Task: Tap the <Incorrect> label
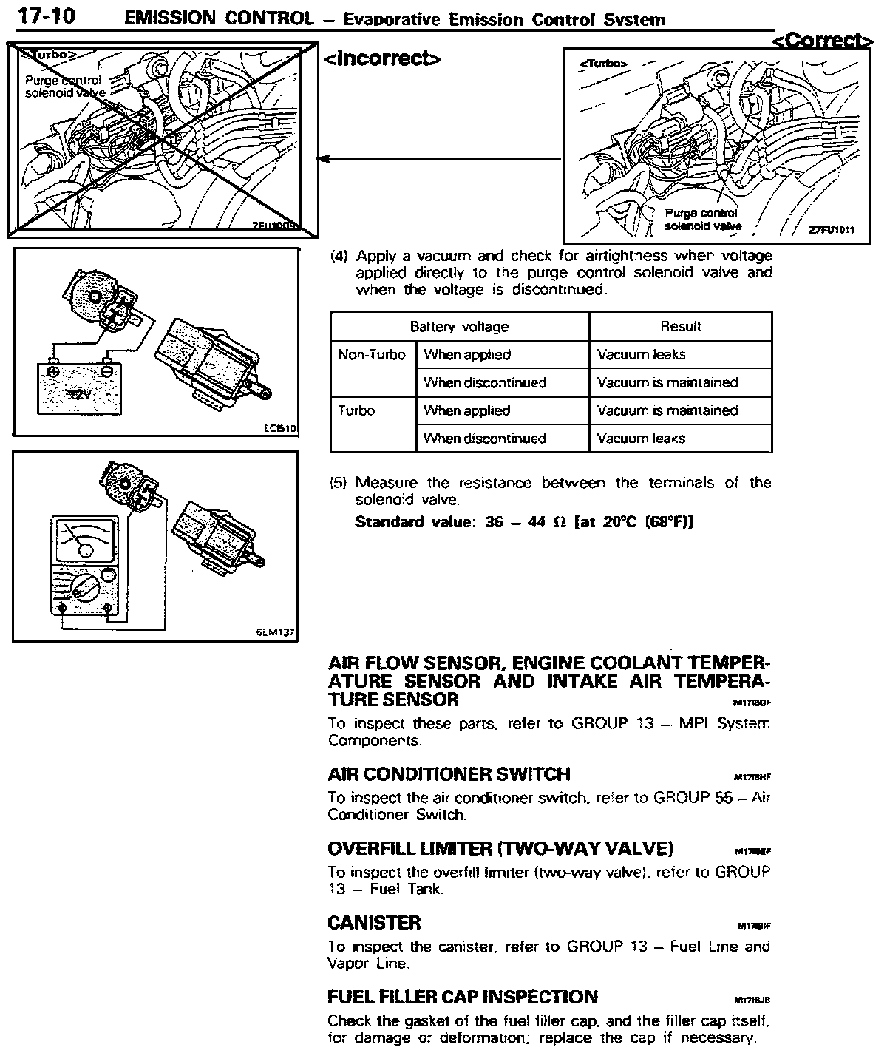(383, 58)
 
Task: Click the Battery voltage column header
(459, 326)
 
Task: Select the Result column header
(680, 326)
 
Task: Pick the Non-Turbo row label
(372, 354)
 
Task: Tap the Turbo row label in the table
(356, 410)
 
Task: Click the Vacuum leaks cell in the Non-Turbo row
(641, 354)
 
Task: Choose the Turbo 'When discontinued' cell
(484, 439)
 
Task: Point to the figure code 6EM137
(275, 633)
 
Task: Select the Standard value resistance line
(523, 521)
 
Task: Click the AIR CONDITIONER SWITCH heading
(449, 774)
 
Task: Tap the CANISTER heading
(374, 923)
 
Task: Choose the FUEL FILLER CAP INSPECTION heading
(463, 997)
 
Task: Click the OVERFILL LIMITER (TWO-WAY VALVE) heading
(500, 848)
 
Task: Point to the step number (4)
(339, 257)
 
